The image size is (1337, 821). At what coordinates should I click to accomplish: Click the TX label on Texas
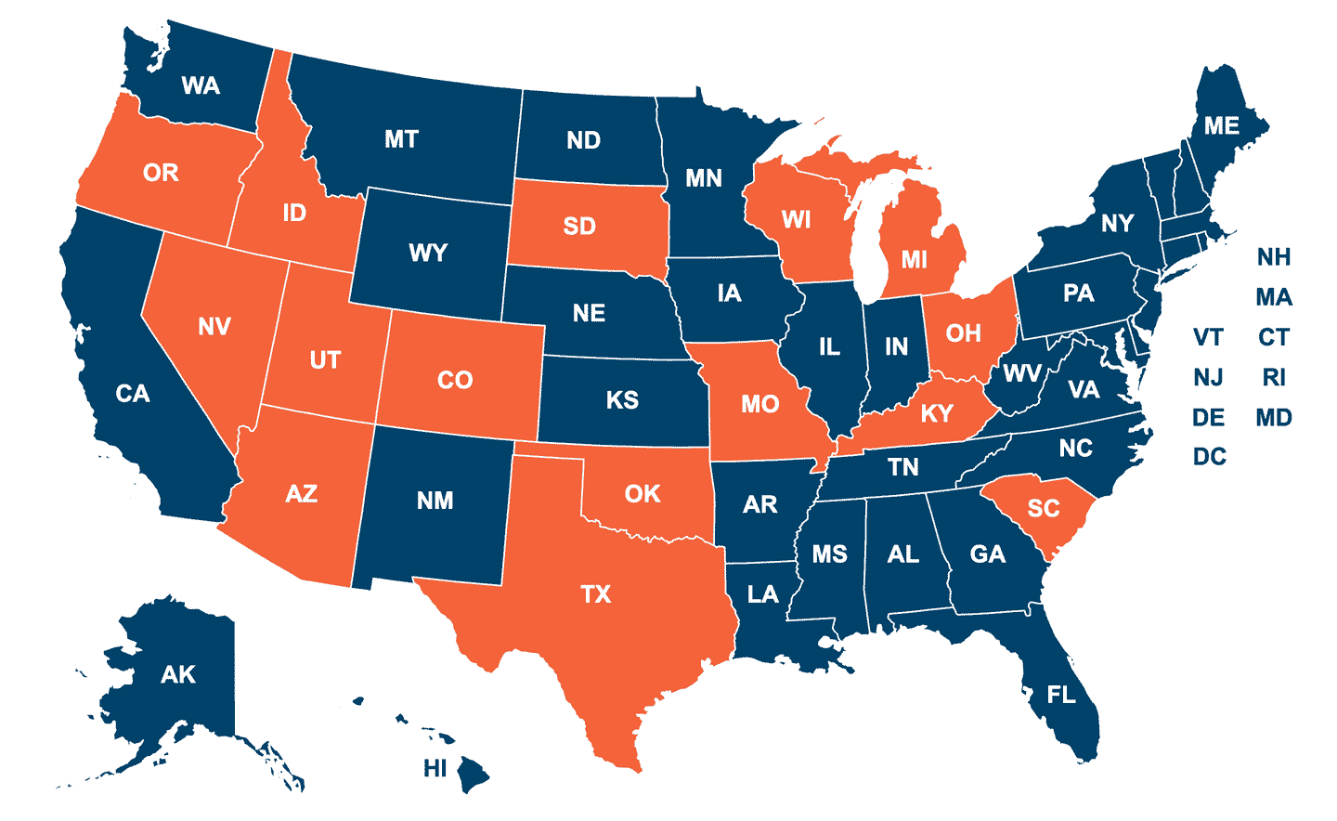pos(596,594)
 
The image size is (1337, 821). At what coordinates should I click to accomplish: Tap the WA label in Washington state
pos(201,86)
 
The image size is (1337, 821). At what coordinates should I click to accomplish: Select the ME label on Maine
pos(1222,126)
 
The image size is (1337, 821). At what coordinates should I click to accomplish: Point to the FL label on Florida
pos(1061,695)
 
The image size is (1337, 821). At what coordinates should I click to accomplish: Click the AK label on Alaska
pos(178,675)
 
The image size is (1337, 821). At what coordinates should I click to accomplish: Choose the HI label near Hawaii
pos(435,768)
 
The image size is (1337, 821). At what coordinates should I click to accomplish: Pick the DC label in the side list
pos(1210,457)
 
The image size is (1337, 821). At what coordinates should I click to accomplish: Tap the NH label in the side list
pos(1274,257)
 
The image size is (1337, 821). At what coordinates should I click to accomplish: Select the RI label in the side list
pos(1274,377)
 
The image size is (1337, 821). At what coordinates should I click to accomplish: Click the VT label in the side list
pos(1208,337)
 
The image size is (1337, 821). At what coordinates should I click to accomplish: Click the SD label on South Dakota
pos(579,227)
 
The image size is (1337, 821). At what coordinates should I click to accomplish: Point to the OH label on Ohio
pos(964,333)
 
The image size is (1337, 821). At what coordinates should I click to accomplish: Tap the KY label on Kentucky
pos(937,414)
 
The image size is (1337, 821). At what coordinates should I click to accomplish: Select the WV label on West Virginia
pos(1022,374)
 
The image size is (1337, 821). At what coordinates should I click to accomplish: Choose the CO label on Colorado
pos(455,381)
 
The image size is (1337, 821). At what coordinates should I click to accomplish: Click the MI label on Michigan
pos(915,260)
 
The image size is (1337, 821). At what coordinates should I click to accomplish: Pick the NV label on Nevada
pos(214,327)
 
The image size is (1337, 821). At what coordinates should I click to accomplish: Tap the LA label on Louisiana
pos(763,594)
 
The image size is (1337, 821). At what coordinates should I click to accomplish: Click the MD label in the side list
pos(1274,418)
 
